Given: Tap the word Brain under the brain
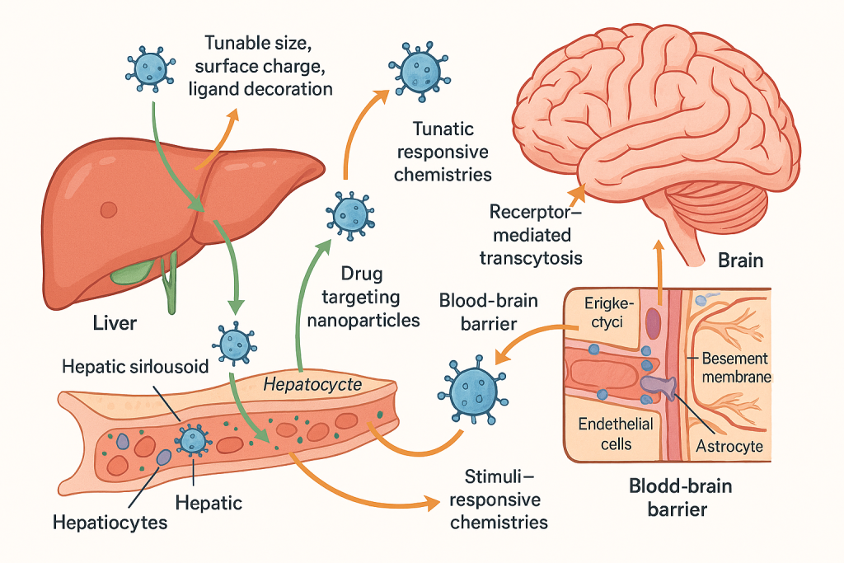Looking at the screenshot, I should (x=740, y=260).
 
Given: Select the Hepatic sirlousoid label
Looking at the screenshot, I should (x=135, y=368).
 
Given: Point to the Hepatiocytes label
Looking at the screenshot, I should (x=110, y=522).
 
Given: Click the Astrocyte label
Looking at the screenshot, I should (x=729, y=447).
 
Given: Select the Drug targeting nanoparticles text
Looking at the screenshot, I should (x=363, y=297).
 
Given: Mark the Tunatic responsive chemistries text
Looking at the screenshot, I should (x=443, y=152).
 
